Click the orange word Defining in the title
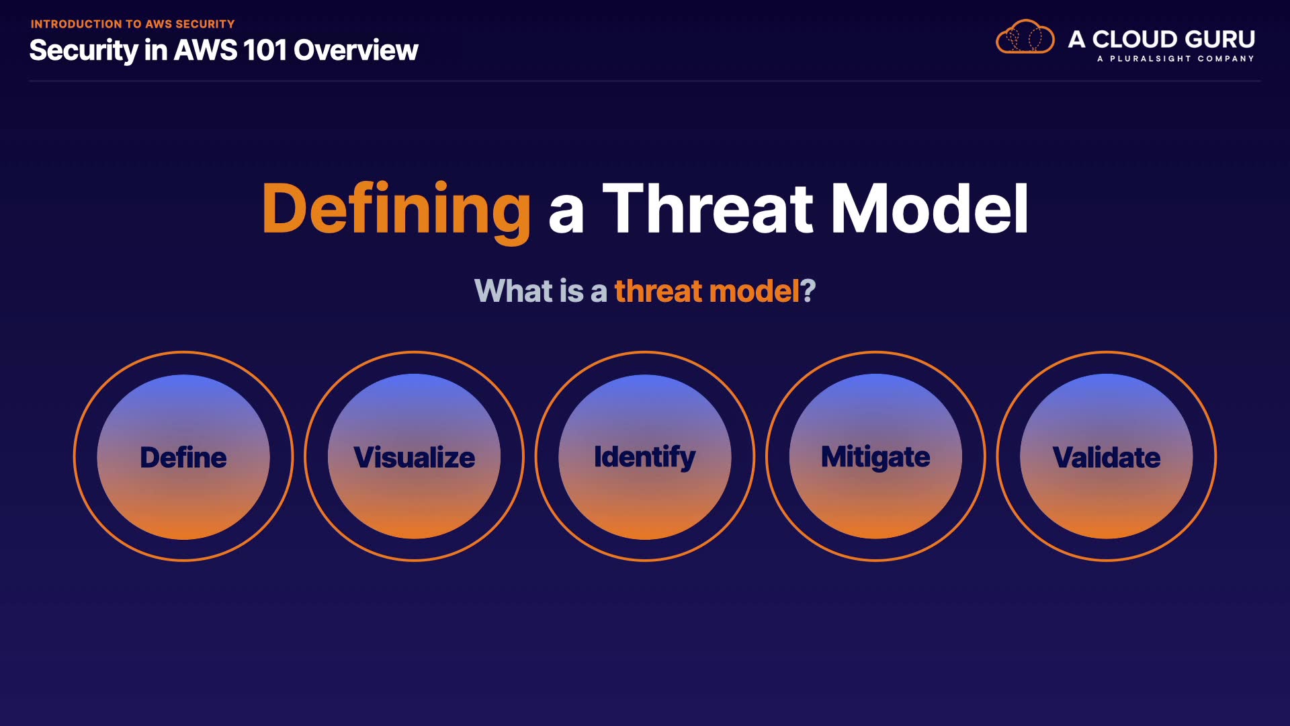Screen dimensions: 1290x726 click(396, 210)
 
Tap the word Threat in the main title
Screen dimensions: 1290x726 click(708, 209)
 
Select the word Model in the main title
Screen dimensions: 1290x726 click(930, 209)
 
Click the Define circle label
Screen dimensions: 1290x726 click(183, 457)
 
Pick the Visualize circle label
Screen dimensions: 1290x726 click(415, 457)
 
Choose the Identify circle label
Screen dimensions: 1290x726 click(645, 458)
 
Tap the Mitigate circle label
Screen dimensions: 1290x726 click(875, 458)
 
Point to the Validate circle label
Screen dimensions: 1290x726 click(1107, 457)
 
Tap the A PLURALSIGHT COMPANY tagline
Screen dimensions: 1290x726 click(1176, 58)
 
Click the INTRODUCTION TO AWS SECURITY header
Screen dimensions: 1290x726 click(133, 24)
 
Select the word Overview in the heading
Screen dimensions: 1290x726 click(356, 50)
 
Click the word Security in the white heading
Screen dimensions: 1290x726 click(84, 51)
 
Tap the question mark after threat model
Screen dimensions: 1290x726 click(808, 291)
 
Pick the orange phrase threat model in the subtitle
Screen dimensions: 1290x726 click(707, 291)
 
